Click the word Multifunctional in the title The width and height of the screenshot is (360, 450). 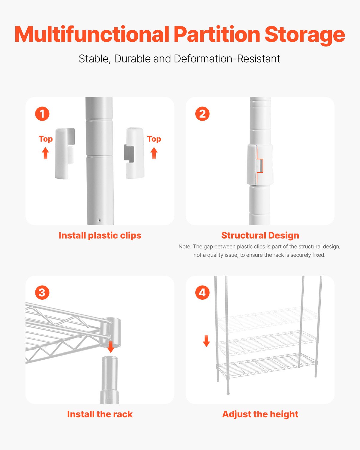pos(92,34)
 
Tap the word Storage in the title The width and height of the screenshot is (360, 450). pos(304,35)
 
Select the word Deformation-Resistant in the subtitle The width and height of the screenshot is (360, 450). pos(227,59)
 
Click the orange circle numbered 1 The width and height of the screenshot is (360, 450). pos(42,114)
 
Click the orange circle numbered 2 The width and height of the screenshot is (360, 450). pos(202,114)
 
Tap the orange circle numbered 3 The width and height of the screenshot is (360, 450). pos(42,292)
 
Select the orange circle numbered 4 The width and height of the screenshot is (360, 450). pos(202,292)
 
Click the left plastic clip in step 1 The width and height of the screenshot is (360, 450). pos(64,153)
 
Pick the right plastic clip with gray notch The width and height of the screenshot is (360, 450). pos(134,153)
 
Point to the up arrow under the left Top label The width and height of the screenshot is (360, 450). pos(45,153)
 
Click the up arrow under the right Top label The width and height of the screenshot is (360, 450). pos(154,153)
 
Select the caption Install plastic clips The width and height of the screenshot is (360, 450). pos(100,235)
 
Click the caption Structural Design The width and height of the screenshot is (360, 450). pos(260,235)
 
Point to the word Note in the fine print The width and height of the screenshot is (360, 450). pos(184,247)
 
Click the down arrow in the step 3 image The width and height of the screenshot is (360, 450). pos(111,347)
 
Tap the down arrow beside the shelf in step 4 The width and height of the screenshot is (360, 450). pos(206,341)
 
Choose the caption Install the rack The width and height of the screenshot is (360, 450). pos(100,414)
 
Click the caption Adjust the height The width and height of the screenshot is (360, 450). pos(260,414)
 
